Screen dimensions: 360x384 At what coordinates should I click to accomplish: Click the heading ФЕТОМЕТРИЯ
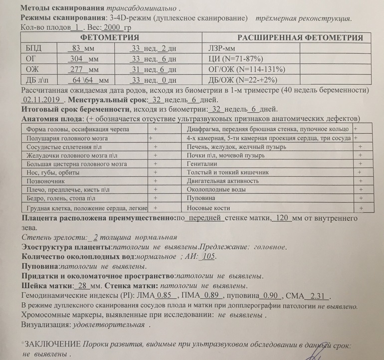tap(110, 37)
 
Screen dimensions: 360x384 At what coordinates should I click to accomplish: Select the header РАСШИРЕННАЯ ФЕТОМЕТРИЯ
tap(300, 37)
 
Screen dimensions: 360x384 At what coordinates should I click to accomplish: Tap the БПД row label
tap(33, 48)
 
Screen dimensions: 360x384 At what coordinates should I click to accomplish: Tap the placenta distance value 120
tap(282, 218)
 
